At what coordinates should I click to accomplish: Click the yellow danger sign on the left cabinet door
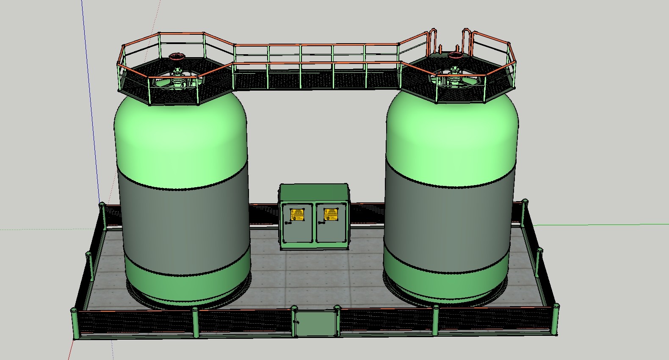point(297,215)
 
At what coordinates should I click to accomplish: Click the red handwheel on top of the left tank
point(177,56)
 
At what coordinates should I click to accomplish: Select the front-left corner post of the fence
point(75,324)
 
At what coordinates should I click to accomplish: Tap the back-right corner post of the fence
point(525,210)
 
